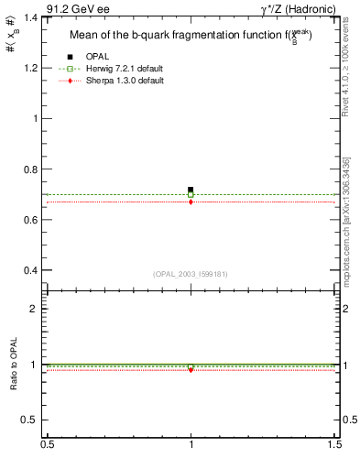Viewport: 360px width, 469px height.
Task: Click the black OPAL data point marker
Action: (191, 190)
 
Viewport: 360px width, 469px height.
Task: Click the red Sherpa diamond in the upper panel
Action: (191, 202)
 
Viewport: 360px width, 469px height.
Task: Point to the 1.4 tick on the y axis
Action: (30, 17)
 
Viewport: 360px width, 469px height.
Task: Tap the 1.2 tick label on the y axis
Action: (30, 68)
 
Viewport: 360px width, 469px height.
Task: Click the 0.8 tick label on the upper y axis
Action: (30, 169)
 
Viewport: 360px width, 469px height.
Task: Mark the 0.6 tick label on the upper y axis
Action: (30, 220)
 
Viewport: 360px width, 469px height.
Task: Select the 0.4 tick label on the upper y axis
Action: (30, 271)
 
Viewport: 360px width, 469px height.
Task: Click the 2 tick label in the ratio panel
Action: (35, 309)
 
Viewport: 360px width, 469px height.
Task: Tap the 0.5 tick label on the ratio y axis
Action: (30, 420)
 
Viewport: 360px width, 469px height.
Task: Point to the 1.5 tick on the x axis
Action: (335, 443)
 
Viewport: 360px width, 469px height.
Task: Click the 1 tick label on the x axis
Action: (191, 443)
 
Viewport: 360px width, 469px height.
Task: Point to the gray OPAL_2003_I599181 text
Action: (191, 273)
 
